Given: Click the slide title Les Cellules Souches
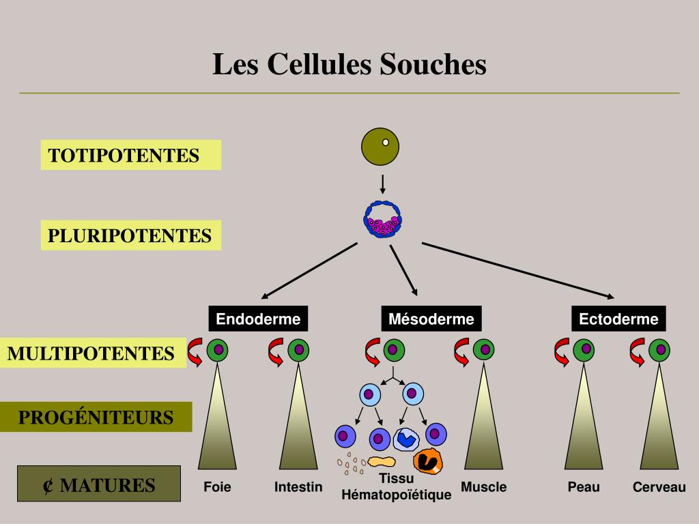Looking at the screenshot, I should pos(349,65).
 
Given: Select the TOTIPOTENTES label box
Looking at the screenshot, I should pos(130,155).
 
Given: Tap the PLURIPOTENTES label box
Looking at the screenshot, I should pos(130,235).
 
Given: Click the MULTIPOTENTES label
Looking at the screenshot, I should pos(91,353).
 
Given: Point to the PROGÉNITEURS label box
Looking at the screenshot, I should pos(96,417).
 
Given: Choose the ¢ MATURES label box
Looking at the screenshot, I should pos(99,484).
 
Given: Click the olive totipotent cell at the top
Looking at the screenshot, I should pos(380,147).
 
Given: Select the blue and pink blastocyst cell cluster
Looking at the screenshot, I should pos(382,219).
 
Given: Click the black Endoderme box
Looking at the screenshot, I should pos(258,319).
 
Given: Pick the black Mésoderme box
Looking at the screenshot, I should pos(431,319).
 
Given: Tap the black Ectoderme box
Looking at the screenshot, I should pos(618,319).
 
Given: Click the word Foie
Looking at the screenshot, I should pos(217,487).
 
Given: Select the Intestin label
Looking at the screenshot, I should pos(298,487).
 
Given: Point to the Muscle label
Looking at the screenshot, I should pos(483,487).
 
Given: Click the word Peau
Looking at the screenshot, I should pos(584,487).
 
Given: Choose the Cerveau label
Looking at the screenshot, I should pos(659,487).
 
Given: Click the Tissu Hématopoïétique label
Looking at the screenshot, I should pos(397,487).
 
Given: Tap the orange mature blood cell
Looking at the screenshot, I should pos(429,461).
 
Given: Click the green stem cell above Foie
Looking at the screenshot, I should pos(218,350).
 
